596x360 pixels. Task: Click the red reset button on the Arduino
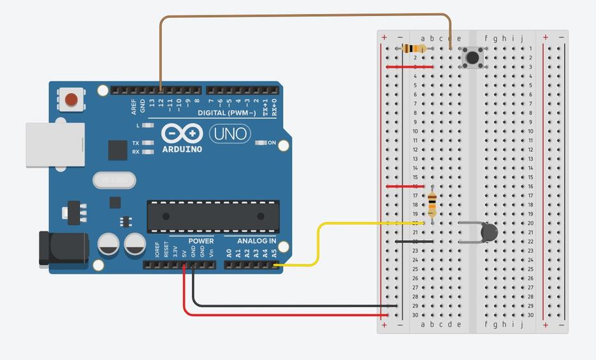(71, 99)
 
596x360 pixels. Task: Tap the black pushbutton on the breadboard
(472, 58)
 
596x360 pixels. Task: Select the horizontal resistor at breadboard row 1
(415, 48)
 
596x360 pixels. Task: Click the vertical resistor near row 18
(432, 204)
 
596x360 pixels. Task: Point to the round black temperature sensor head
(489, 233)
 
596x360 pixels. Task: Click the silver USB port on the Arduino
(55, 145)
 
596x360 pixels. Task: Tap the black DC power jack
(62, 248)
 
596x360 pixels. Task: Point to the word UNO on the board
(229, 134)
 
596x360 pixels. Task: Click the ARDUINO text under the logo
(182, 149)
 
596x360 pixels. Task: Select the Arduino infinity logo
(182, 134)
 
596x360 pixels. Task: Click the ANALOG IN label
(257, 241)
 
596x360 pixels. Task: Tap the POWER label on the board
(201, 241)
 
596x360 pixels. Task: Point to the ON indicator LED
(261, 143)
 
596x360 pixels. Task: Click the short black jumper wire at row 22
(414, 241)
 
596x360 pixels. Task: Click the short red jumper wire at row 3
(409, 66)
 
